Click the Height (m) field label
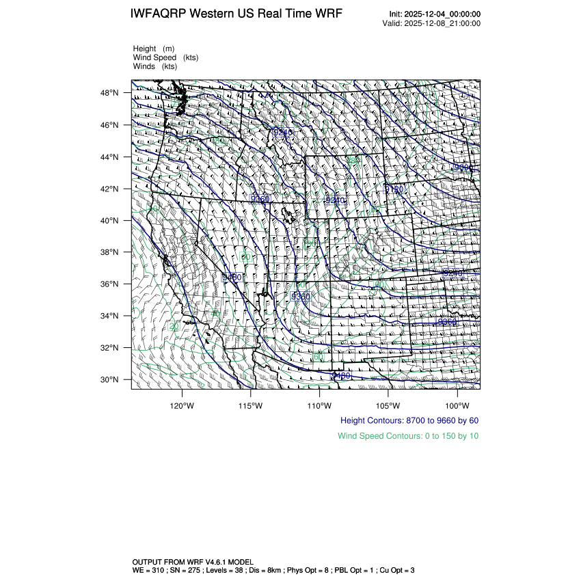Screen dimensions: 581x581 coord(154,49)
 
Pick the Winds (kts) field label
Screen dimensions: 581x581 coord(155,66)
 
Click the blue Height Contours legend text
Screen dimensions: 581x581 coord(409,420)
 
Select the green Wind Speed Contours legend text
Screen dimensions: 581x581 coord(408,435)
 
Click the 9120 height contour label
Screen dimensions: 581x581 coord(394,189)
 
